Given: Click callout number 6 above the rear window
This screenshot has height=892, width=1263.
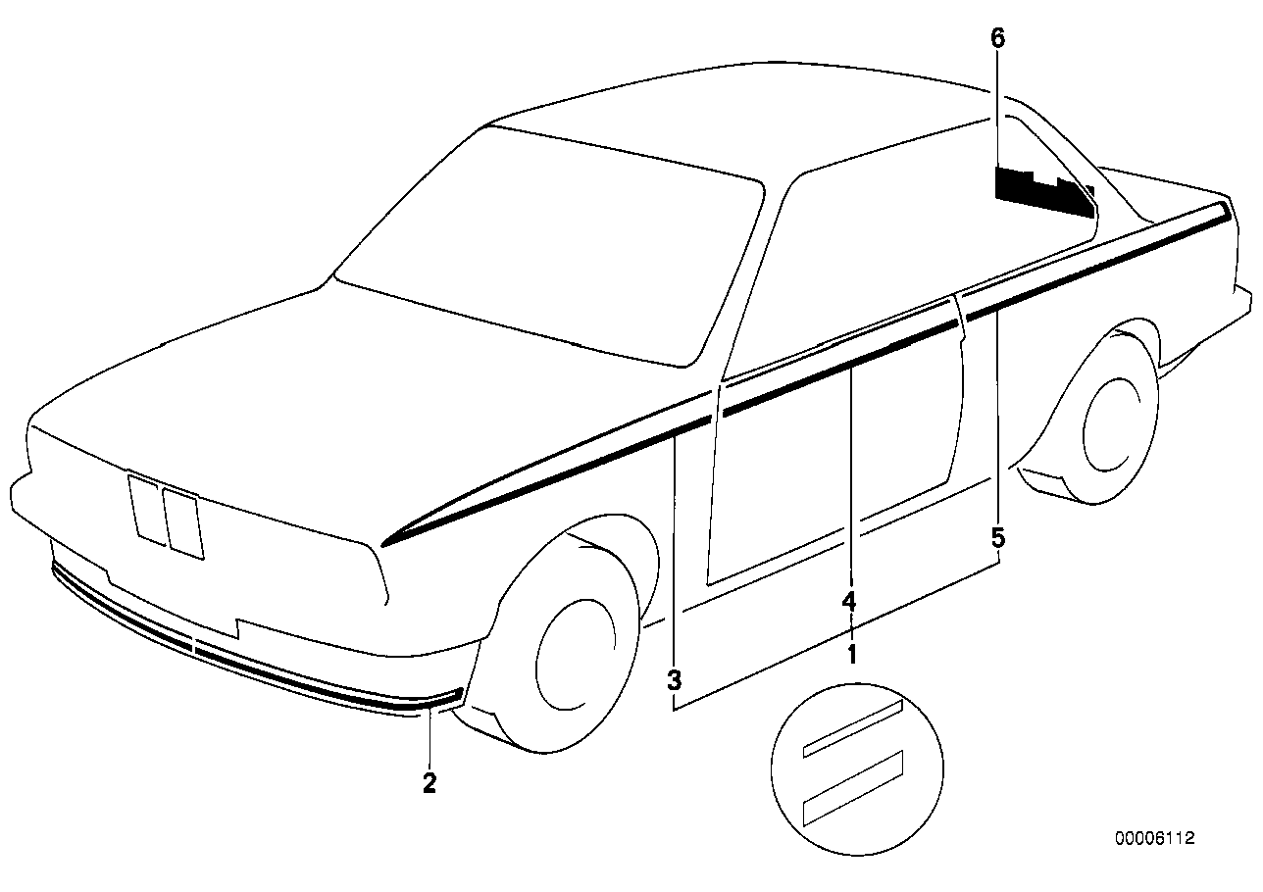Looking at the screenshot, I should [997, 40].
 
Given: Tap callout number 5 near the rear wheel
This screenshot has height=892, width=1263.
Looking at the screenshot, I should [997, 537].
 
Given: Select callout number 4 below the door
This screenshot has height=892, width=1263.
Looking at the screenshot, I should [849, 601].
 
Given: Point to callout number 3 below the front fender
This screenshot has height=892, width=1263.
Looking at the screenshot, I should [674, 678].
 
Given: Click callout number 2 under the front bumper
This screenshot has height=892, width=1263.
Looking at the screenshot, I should [429, 782].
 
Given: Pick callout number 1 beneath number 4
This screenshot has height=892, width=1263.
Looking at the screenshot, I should [851, 652].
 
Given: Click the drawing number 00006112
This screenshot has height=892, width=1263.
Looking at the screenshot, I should [1154, 838].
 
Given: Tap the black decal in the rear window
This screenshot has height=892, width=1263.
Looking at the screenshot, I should [1039, 191].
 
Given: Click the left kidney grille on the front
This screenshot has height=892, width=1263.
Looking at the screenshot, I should [149, 509].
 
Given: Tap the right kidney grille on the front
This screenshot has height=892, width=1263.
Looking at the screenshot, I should [183, 523].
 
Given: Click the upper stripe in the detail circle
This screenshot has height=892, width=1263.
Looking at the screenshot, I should [851, 728].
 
